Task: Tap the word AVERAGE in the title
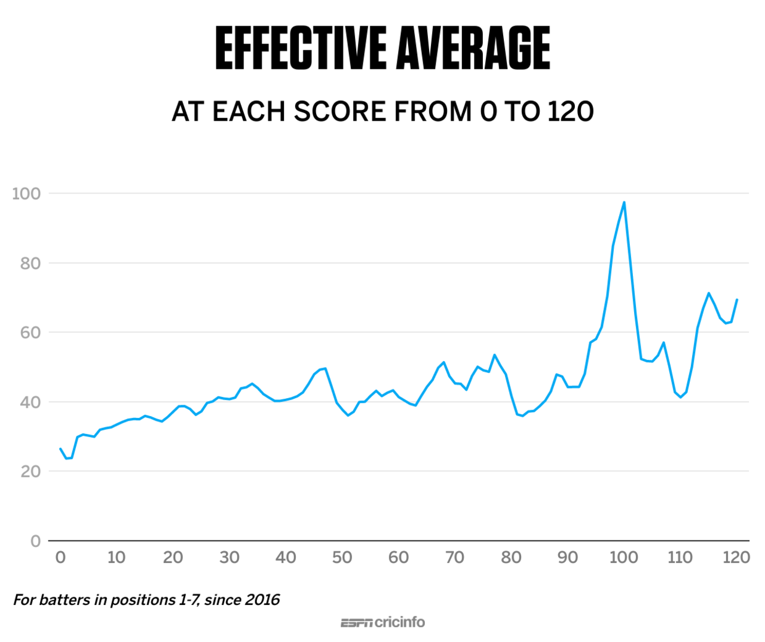(473, 48)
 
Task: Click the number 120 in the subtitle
(570, 112)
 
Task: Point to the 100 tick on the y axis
(26, 194)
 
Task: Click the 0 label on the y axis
(35, 541)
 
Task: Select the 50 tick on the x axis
(342, 558)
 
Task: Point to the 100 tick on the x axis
(623, 558)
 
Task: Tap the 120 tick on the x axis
(736, 558)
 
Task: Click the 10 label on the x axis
(117, 558)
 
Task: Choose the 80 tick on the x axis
(511, 558)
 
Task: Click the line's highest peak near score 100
(624, 202)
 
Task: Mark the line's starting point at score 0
(60, 448)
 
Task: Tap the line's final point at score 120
(737, 299)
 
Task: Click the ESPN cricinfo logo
(382, 622)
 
